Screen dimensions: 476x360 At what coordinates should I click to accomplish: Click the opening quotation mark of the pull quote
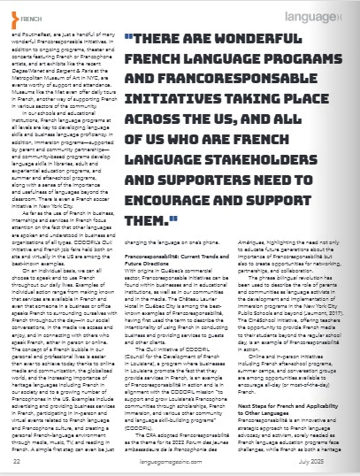[127, 40]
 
